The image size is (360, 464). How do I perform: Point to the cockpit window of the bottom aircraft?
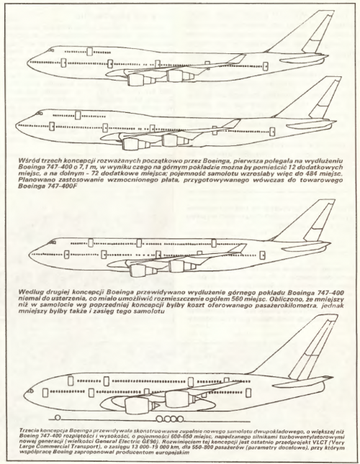tap(30, 391)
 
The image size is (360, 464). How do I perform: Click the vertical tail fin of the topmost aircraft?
tap(308, 34)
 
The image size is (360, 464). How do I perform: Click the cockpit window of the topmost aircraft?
tap(51, 50)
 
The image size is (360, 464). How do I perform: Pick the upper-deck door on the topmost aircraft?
tap(89, 52)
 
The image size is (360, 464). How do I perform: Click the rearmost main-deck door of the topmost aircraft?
tap(266, 67)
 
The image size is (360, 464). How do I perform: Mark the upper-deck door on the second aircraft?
tap(78, 115)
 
